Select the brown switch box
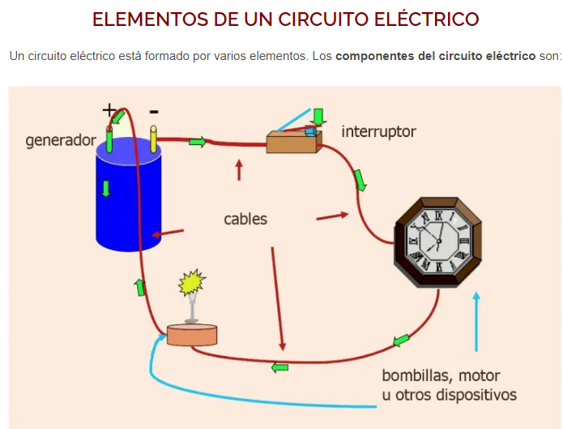tap(292, 143)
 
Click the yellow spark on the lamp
tap(193, 284)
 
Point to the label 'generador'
tap(61, 140)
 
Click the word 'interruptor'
tap(378, 131)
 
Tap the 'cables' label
tap(245, 219)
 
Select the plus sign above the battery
tap(108, 109)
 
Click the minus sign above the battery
tap(154, 110)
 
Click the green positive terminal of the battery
tap(109, 140)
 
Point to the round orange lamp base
tap(193, 335)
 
